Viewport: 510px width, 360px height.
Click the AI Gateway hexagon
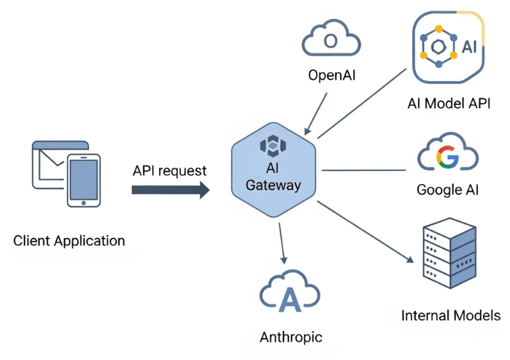point(273,168)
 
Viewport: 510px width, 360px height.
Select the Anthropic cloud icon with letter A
point(290,294)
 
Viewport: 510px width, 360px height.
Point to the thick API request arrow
point(170,190)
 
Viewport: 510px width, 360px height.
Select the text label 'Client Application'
point(69,240)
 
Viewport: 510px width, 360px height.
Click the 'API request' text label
point(169,171)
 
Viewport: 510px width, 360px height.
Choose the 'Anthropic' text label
point(290,337)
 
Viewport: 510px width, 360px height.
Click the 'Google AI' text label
point(447,190)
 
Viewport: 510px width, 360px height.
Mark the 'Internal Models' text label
point(451,315)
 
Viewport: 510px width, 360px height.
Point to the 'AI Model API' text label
point(448,103)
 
